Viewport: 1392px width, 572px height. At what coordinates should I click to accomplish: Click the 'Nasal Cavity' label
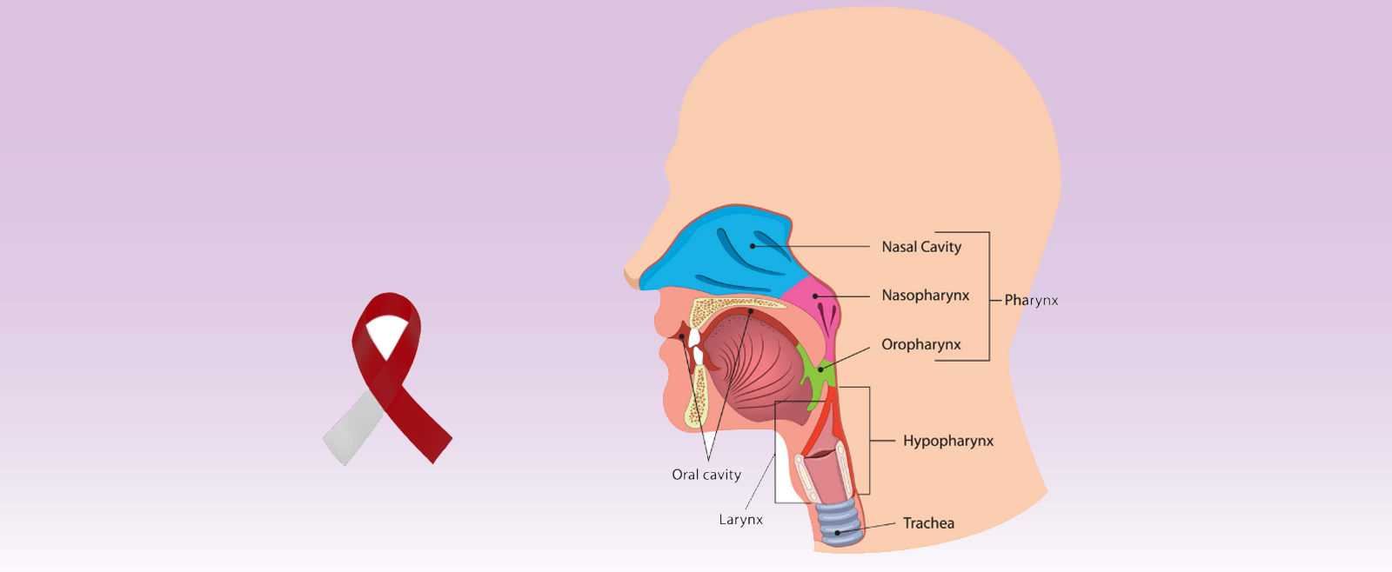pyautogui.click(x=921, y=247)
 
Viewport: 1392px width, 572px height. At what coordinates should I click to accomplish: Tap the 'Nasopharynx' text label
pyautogui.click(x=925, y=296)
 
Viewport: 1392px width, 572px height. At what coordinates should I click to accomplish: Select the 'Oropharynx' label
pyautogui.click(x=920, y=345)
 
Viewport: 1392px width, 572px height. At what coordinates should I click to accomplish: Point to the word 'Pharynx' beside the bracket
pyautogui.click(x=1031, y=301)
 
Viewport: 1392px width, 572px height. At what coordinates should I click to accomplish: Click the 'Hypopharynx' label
pyautogui.click(x=947, y=442)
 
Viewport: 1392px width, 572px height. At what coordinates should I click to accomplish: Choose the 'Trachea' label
pyautogui.click(x=928, y=523)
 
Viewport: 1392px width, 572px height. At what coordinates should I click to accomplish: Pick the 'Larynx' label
pyautogui.click(x=740, y=520)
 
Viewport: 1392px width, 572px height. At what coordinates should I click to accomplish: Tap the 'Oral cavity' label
pyautogui.click(x=706, y=475)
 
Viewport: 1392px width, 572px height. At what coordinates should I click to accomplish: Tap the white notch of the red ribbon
pyautogui.click(x=386, y=335)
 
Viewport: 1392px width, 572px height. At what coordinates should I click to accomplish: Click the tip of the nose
pyautogui.click(x=628, y=272)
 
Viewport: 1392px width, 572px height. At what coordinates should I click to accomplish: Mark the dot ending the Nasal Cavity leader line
pyautogui.click(x=753, y=247)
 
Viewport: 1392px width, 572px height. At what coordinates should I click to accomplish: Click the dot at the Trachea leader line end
pyautogui.click(x=838, y=533)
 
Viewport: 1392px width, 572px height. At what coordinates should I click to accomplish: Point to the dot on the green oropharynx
pyautogui.click(x=820, y=369)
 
